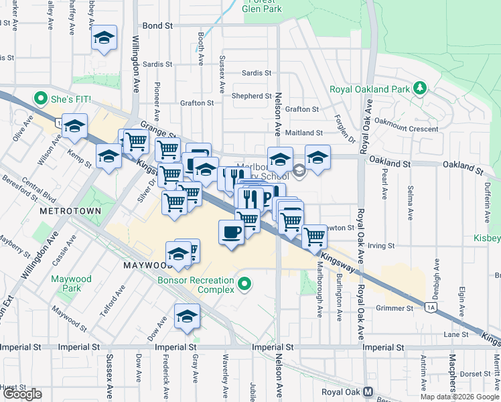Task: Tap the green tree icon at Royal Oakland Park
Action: point(420,88)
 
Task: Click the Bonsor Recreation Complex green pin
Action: point(244,284)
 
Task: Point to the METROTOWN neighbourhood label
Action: point(70,210)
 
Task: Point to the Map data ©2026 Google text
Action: point(459,397)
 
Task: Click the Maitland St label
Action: point(305,133)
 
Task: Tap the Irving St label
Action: point(382,246)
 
